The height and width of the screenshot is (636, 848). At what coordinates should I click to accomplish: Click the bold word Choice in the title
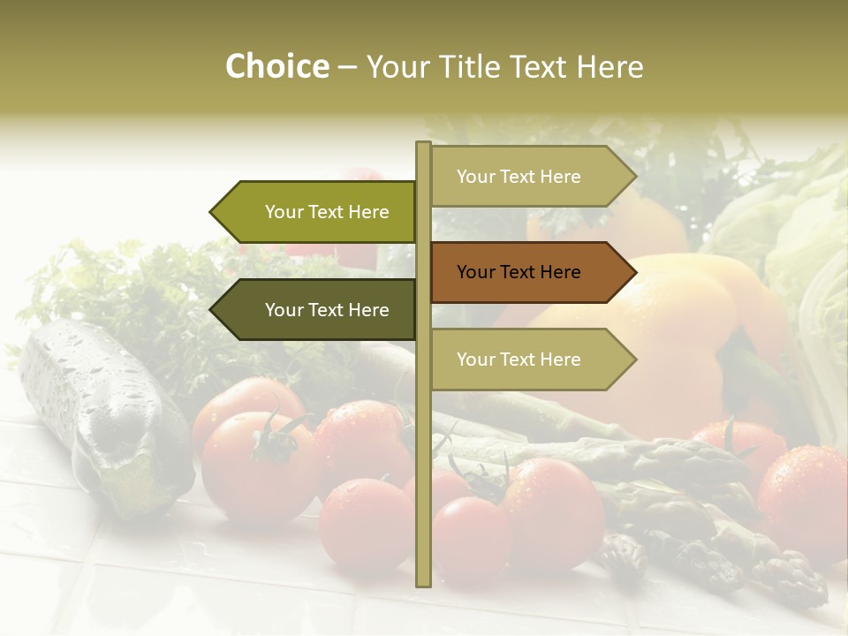[x=276, y=66]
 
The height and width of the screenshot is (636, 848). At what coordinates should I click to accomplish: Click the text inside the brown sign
[x=519, y=272]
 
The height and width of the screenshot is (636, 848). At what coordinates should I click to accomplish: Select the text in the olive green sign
[x=327, y=212]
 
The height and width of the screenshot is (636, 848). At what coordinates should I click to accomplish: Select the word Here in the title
[x=610, y=67]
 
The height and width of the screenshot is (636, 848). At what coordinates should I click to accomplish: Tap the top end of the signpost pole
[x=423, y=145]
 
